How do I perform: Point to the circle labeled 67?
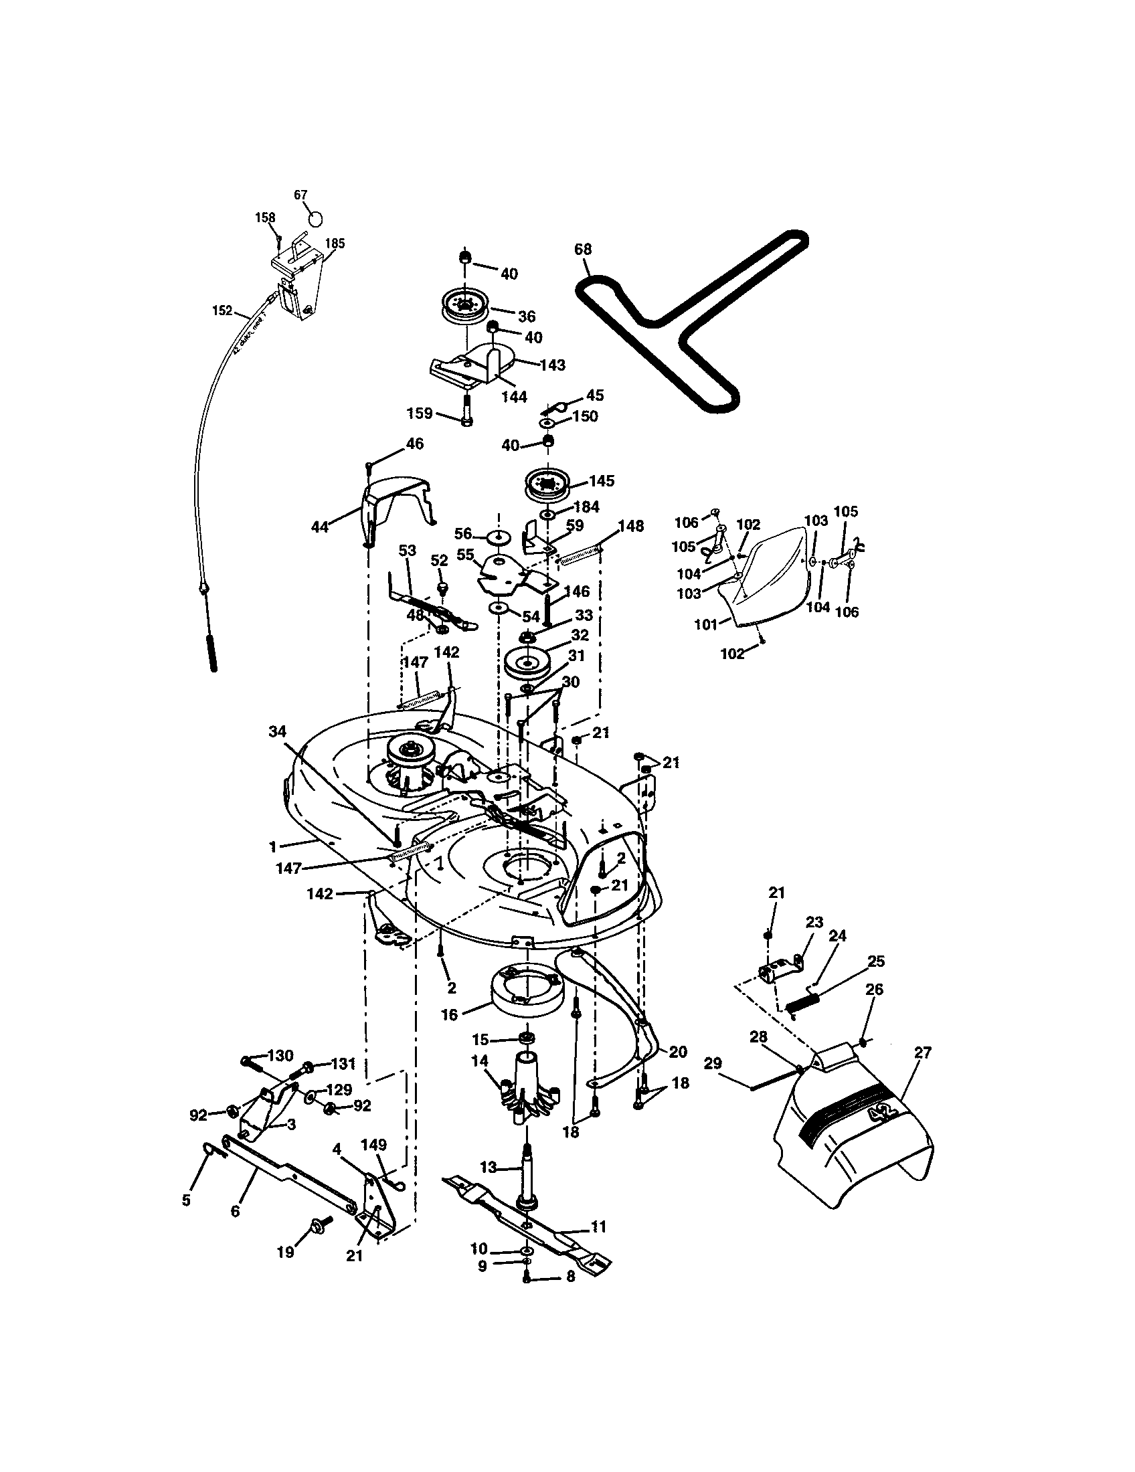click(x=316, y=219)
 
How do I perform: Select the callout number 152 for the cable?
click(x=222, y=310)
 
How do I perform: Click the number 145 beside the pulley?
click(x=601, y=480)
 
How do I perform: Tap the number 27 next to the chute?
click(x=922, y=1052)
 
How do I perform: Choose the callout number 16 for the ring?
click(x=450, y=1014)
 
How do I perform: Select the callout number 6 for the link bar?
click(x=234, y=1211)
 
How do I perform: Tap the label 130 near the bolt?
click(x=280, y=1055)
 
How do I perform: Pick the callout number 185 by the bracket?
click(x=335, y=244)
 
